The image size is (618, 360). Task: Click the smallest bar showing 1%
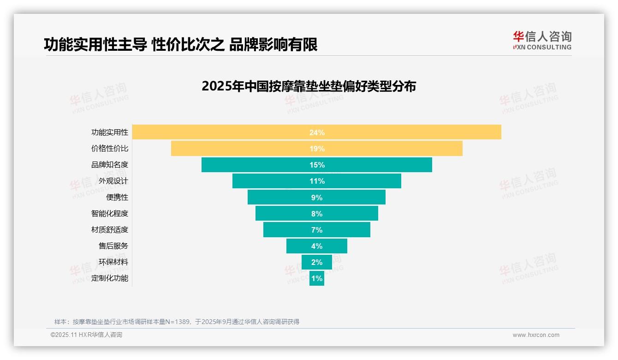click(317, 278)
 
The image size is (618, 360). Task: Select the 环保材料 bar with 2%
click(317, 262)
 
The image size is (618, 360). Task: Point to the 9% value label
click(317, 198)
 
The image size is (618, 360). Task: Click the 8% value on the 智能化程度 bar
click(317, 214)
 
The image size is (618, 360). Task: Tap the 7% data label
click(317, 230)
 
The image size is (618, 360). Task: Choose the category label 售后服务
click(113, 246)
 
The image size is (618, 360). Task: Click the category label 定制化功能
click(110, 278)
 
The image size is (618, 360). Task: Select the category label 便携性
click(117, 197)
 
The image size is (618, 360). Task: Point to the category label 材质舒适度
click(110, 229)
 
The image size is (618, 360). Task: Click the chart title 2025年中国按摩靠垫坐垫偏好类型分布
click(309, 86)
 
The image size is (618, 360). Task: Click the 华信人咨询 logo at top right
click(542, 40)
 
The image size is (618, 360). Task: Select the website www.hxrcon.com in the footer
click(536, 335)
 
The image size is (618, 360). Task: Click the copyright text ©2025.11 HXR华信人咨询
click(86, 335)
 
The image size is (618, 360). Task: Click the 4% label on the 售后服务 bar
click(317, 246)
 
